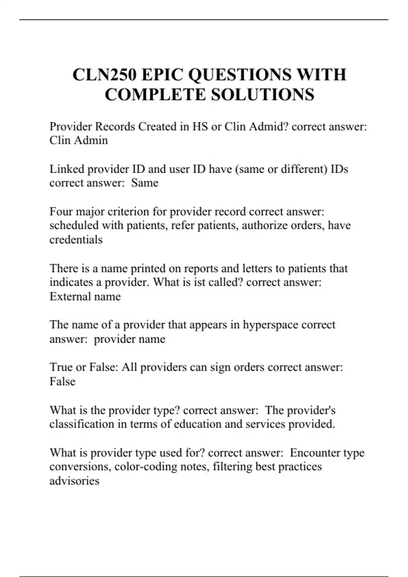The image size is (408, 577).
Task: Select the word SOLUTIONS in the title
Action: tap(263, 94)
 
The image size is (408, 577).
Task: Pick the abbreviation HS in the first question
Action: tap(200, 127)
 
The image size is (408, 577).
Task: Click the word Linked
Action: tap(67, 169)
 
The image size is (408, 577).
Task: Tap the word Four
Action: tap(61, 212)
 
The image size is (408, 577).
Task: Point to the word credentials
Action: tap(76, 240)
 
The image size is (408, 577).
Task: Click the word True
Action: tap(61, 367)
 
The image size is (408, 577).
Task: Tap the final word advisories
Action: tap(74, 481)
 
